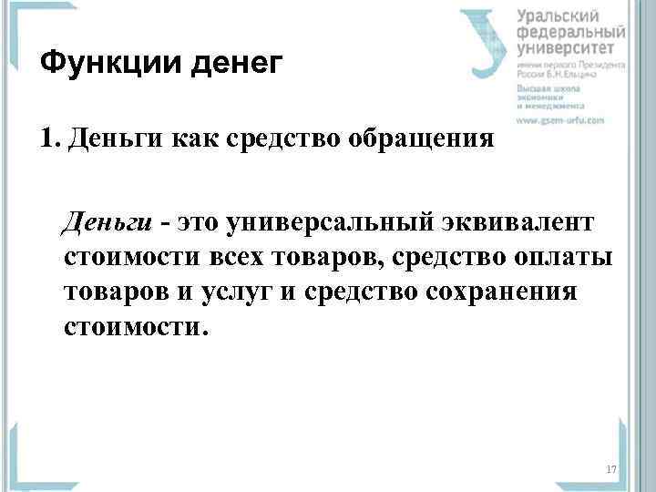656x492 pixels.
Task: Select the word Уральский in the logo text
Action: point(559,15)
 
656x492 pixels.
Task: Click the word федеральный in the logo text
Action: point(572,32)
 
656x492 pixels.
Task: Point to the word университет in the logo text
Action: point(571,48)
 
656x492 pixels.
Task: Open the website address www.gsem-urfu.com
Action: point(560,120)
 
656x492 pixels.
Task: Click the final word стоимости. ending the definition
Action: point(137,326)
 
